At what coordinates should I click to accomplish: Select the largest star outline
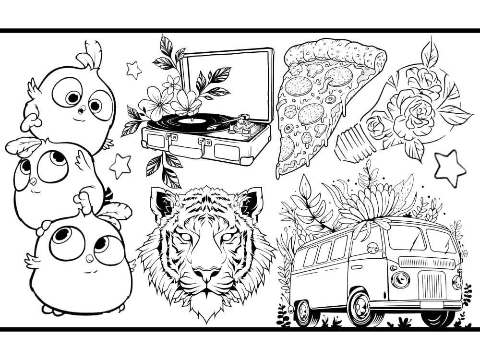tap(450, 168)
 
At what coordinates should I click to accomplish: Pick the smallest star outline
tap(134, 70)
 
